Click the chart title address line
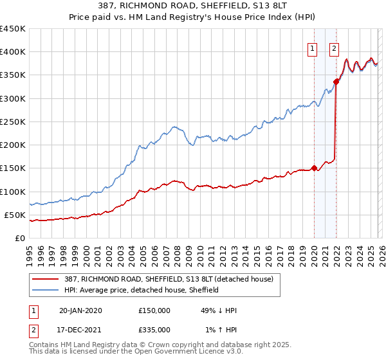[x=193, y=6]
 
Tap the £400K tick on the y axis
[x=13, y=52]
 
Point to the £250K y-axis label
[x=13, y=122]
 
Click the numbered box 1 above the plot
[x=313, y=48]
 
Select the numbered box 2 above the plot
[x=335, y=48]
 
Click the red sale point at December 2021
[x=336, y=82]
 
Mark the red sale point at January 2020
[x=314, y=168]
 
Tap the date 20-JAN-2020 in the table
[x=80, y=310]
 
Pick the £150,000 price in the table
[x=154, y=310]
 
